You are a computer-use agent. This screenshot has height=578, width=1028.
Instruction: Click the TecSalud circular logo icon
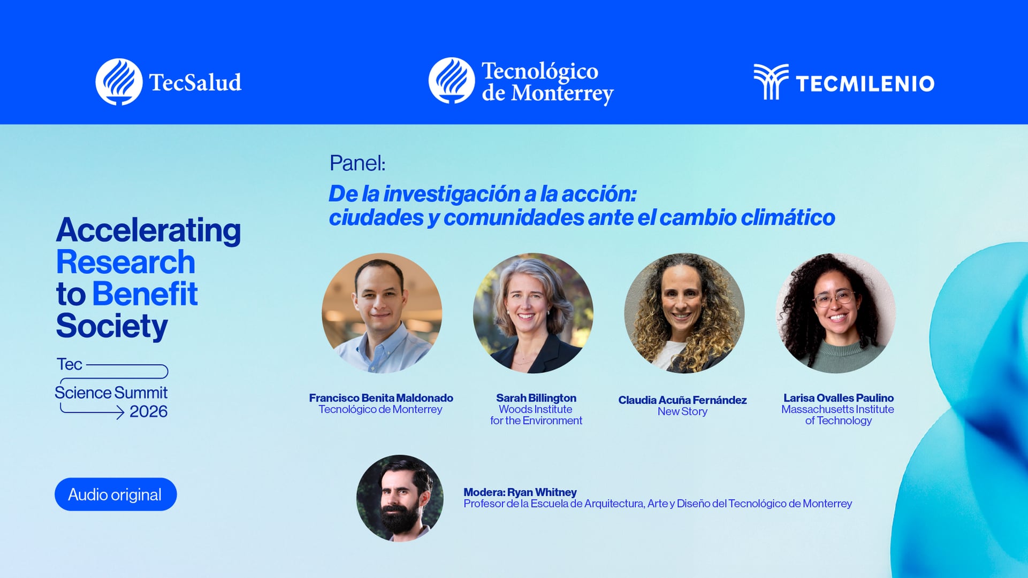pyautogui.click(x=119, y=82)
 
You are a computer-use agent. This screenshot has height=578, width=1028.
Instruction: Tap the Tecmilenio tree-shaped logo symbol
pyautogui.click(x=771, y=82)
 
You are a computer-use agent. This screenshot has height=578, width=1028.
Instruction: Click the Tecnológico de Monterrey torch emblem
pyautogui.click(x=452, y=81)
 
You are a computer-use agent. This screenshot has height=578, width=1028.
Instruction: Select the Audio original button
pyautogui.click(x=116, y=494)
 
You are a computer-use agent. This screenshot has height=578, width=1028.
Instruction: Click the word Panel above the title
pyautogui.click(x=357, y=163)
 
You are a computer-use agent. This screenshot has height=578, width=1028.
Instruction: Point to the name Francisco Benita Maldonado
pyautogui.click(x=381, y=398)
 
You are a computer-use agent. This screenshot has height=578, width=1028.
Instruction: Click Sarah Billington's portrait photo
pyautogui.click(x=533, y=313)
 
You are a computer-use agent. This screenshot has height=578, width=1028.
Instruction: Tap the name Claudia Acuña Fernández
pyautogui.click(x=682, y=400)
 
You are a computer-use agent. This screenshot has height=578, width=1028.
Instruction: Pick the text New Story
pyautogui.click(x=682, y=412)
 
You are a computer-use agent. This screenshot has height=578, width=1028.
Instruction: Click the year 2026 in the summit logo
pyautogui.click(x=148, y=411)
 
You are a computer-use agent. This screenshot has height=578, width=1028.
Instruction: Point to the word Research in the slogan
pyautogui.click(x=126, y=262)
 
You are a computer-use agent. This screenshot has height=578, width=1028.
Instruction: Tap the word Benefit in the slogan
pyautogui.click(x=144, y=294)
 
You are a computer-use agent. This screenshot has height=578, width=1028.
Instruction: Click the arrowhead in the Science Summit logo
pyautogui.click(x=120, y=412)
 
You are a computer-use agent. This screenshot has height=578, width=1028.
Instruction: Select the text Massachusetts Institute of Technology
pyautogui.click(x=837, y=415)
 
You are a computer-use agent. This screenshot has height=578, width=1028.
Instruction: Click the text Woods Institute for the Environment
pyautogui.click(x=536, y=415)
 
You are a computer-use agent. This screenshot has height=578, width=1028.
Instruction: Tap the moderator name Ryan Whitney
pyautogui.click(x=542, y=492)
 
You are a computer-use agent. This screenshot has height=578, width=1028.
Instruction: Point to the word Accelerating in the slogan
pyautogui.click(x=148, y=230)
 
